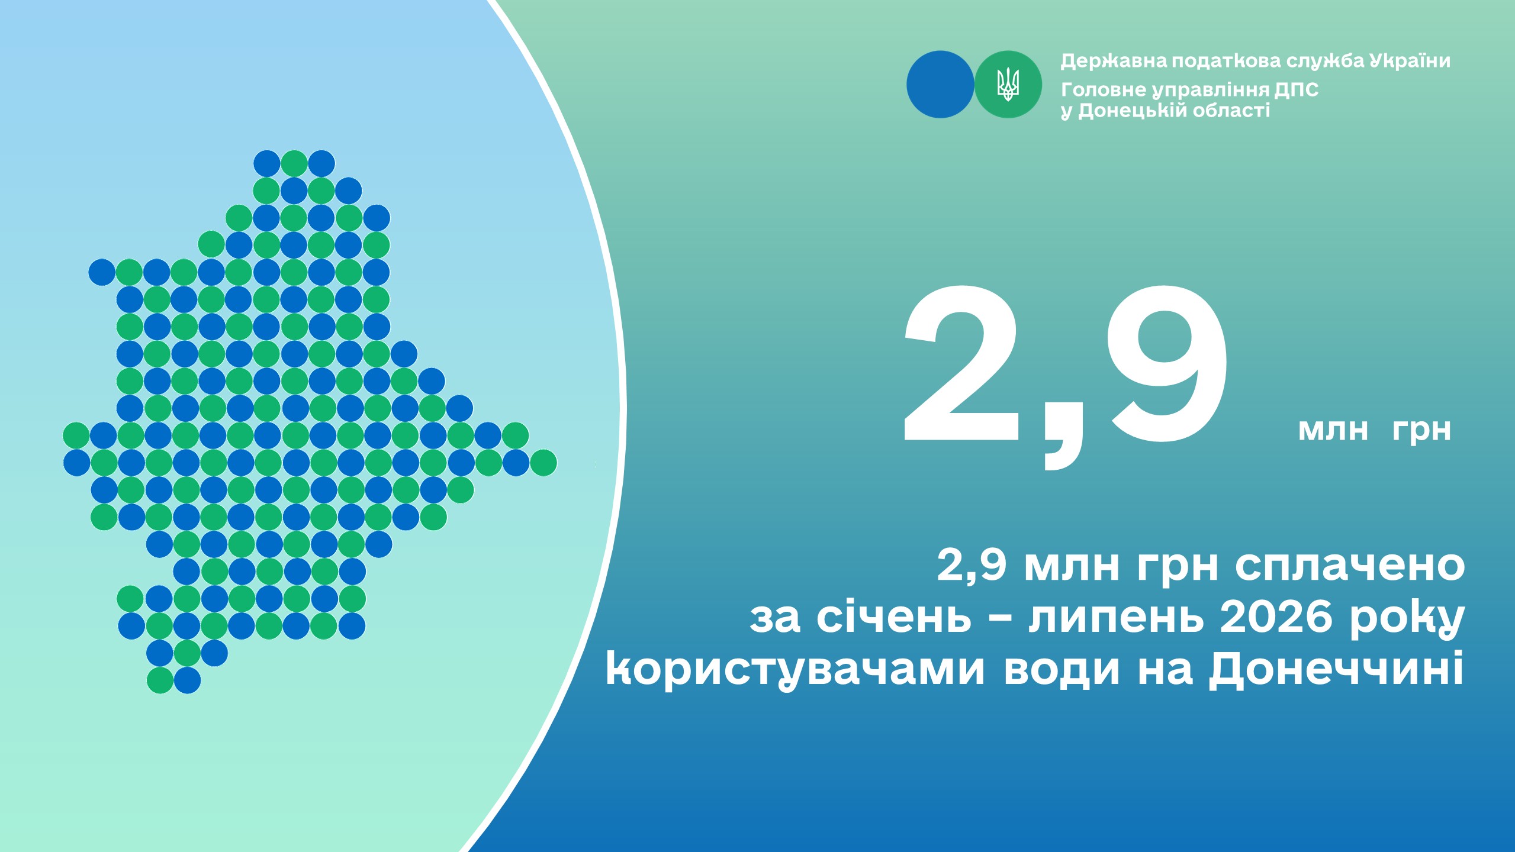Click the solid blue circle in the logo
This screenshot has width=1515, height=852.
[x=940, y=85]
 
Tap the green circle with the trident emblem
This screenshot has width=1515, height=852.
[x=1008, y=85]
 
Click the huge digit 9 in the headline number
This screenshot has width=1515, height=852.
[x=1168, y=363]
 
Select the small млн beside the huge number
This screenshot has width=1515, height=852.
[x=1333, y=430]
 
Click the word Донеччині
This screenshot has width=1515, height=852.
[x=1336, y=669]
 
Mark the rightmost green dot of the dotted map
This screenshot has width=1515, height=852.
[x=543, y=463]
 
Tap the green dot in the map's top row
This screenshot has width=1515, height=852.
[x=294, y=164]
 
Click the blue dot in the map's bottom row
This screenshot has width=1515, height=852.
[x=187, y=680]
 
